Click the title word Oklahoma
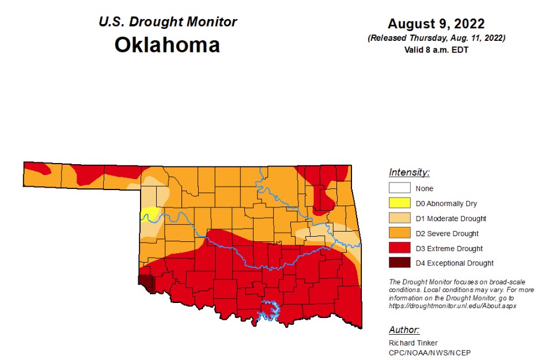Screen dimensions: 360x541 pyautogui.click(x=167, y=44)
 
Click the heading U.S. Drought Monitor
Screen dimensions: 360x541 pyautogui.click(x=168, y=22)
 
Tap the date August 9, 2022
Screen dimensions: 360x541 pyautogui.click(x=436, y=24)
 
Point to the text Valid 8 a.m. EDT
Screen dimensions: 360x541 pyautogui.click(x=436, y=50)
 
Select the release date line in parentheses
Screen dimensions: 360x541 pyautogui.click(x=436, y=38)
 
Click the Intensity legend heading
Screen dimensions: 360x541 pyautogui.click(x=409, y=172)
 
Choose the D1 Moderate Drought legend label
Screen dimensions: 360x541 pyautogui.click(x=451, y=218)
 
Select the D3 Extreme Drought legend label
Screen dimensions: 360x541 pyautogui.click(x=449, y=248)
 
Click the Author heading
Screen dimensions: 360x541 pyautogui.click(x=404, y=330)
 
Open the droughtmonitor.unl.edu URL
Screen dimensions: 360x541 pyautogui.click(x=452, y=306)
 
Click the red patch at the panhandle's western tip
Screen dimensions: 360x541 pyautogui.click(x=36, y=168)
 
